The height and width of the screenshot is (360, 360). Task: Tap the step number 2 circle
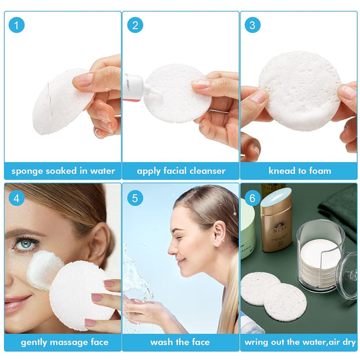tap(136, 26)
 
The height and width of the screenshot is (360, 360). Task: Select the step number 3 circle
tap(253, 26)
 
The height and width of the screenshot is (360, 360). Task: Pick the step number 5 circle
tap(136, 199)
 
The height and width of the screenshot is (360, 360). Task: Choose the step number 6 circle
tap(253, 199)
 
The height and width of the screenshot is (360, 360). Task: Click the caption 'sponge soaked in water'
tap(62, 171)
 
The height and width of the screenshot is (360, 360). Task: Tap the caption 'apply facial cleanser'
tap(180, 171)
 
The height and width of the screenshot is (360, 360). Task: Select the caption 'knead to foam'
tap(299, 171)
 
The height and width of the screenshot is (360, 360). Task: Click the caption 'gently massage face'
tap(62, 342)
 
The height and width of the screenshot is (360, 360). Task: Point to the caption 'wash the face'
tap(180, 342)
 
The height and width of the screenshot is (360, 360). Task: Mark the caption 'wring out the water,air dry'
tap(299, 342)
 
